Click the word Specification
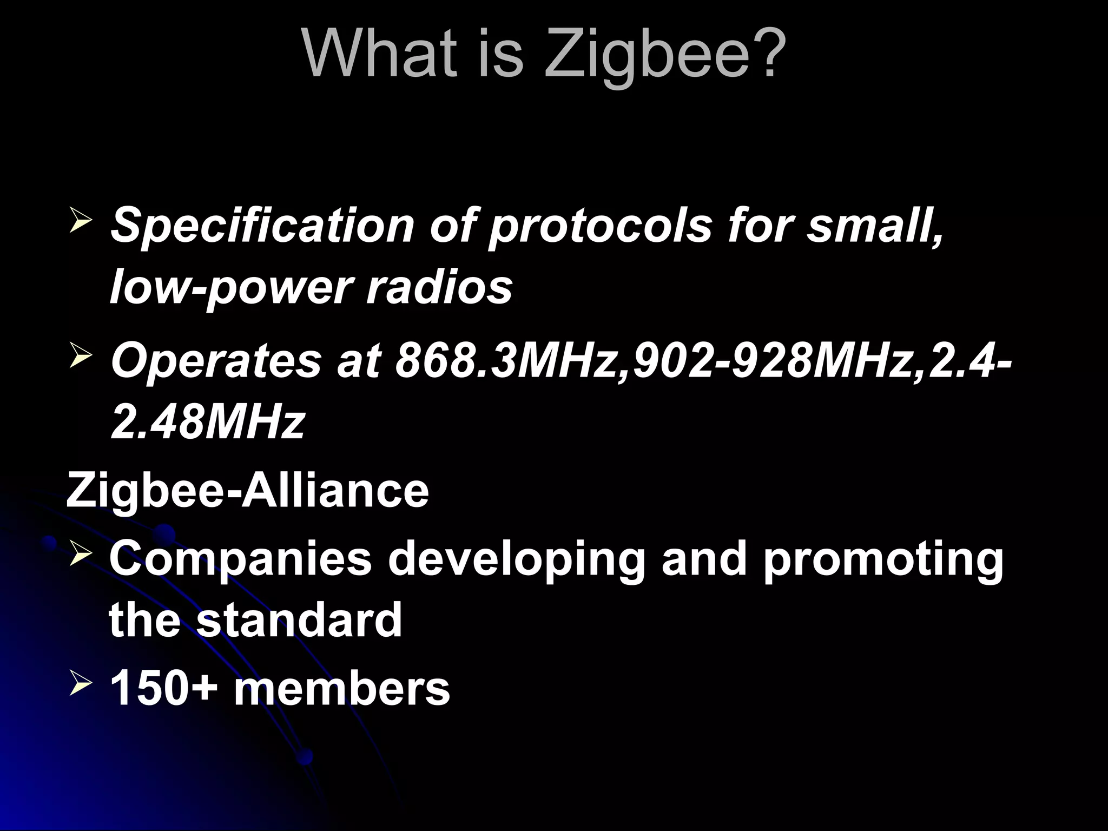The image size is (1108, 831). [262, 226]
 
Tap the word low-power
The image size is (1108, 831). [230, 288]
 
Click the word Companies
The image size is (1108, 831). [240, 559]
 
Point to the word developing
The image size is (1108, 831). [516, 559]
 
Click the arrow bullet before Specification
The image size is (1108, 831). [81, 222]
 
